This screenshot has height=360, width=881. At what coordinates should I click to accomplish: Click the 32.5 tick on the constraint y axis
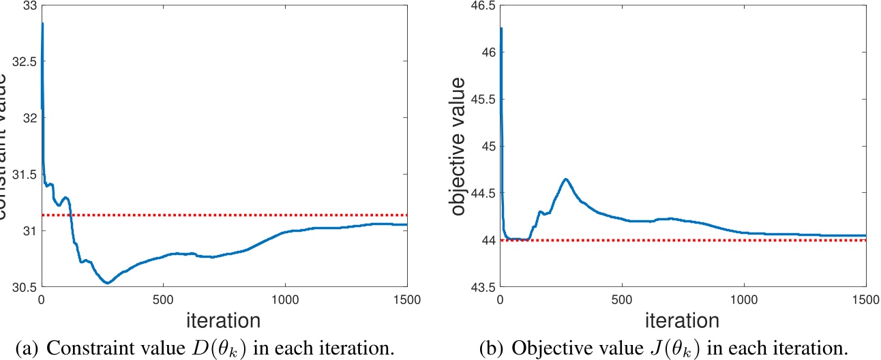point(24,61)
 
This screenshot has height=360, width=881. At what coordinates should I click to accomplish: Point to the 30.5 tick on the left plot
point(24,287)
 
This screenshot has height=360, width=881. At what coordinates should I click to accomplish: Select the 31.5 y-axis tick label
point(24,174)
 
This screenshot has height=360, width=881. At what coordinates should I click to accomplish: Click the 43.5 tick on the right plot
point(483,287)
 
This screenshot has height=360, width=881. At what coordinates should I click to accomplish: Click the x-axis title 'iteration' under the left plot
point(224,320)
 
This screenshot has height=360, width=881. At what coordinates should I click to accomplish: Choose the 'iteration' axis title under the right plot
point(683,320)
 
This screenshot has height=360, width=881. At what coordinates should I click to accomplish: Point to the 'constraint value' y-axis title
point(5,147)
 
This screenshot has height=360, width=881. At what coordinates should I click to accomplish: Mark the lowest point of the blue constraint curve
point(107,283)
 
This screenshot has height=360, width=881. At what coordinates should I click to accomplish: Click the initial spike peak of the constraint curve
point(43,23)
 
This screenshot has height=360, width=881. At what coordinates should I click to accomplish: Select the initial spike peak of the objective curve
point(502,28)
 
